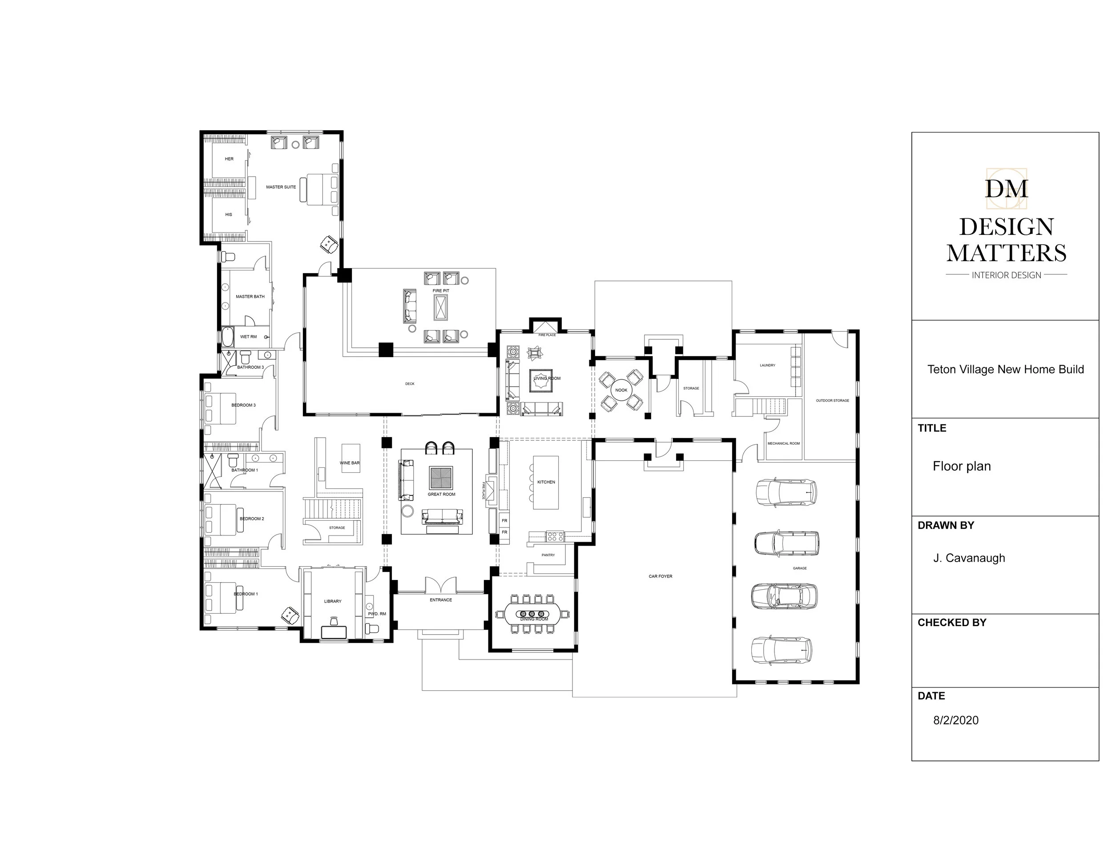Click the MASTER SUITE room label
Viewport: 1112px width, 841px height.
(281, 187)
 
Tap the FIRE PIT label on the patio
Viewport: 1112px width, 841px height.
(440, 290)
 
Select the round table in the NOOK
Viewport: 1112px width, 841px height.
(621, 390)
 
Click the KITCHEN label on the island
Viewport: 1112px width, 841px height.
(546, 482)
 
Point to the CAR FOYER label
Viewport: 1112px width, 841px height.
(660, 576)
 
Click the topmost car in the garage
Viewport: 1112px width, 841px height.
(786, 491)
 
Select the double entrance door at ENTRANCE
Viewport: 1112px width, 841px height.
(440, 585)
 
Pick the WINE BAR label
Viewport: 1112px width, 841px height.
(349, 463)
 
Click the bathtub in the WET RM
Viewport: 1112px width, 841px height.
(228, 337)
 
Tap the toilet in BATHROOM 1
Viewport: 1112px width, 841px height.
(233, 460)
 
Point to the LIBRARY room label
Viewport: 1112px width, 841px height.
(332, 601)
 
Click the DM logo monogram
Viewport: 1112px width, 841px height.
(1006, 189)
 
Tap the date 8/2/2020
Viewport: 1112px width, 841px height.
(956, 720)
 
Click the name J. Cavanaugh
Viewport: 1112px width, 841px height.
(969, 558)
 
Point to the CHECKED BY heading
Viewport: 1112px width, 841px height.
(951, 622)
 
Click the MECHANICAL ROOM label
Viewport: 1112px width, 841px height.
(783, 443)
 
